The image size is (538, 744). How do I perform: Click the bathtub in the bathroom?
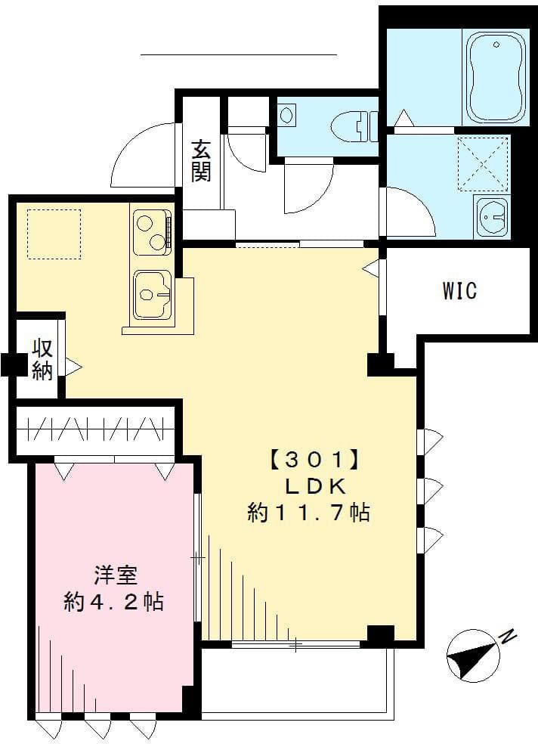point(496,77)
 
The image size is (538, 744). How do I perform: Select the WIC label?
point(459,290)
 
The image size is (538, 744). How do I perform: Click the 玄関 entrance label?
point(200,160)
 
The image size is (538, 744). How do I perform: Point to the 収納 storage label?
point(42,359)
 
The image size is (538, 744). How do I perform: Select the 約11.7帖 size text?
point(308,513)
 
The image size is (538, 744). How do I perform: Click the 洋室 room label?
point(115,575)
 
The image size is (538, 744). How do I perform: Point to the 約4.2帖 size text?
point(114,602)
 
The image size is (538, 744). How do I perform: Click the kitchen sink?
point(153,295)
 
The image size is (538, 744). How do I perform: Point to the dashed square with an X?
point(484,163)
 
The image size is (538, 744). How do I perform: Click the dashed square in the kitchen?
point(54,234)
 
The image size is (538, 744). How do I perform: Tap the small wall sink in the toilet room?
point(287,116)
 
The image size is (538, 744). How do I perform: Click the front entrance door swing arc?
point(140,155)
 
